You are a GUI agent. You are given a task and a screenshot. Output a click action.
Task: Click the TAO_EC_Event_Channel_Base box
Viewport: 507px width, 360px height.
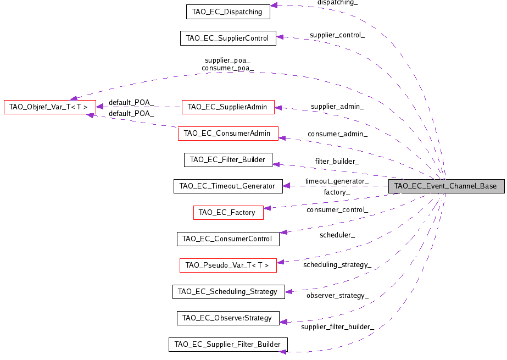[x=445, y=186]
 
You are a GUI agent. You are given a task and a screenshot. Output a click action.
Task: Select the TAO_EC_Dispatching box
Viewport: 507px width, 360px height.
[x=227, y=12]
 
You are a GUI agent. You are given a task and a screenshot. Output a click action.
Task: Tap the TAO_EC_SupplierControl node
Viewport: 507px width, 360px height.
[x=227, y=38]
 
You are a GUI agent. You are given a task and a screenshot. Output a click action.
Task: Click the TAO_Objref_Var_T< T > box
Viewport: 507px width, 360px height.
[x=50, y=107]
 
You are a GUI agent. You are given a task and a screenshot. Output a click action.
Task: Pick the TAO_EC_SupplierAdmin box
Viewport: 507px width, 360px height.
[x=227, y=107]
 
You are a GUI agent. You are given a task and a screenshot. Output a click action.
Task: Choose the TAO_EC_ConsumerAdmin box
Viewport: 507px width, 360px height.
[x=227, y=133]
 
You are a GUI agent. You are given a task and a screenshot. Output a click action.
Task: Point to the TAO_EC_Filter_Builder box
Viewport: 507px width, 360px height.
[x=227, y=160]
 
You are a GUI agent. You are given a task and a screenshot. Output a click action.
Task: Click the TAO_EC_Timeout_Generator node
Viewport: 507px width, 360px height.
[x=227, y=186]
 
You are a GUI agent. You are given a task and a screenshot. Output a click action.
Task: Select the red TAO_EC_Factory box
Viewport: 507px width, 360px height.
[x=227, y=212]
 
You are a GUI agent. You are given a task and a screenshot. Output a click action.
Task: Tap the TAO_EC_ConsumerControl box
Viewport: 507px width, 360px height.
[x=227, y=239]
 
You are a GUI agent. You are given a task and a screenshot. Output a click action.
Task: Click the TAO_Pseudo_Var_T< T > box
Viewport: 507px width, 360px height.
[x=227, y=265]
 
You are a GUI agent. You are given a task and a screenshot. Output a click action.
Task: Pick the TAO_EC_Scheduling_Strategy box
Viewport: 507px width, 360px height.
[x=228, y=291]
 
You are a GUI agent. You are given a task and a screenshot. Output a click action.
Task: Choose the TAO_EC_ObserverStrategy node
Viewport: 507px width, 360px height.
[x=227, y=318]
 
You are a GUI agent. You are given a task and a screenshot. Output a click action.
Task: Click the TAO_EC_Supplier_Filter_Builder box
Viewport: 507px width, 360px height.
[x=227, y=345]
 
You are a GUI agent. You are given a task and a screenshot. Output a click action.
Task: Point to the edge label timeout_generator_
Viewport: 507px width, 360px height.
[x=337, y=181]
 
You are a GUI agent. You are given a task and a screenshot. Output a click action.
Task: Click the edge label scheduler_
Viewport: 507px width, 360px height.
[x=337, y=235]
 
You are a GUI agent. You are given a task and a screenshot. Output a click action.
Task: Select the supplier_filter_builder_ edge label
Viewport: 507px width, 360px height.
[x=337, y=327]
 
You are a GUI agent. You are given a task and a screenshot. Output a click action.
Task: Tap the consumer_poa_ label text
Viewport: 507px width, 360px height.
[x=227, y=69]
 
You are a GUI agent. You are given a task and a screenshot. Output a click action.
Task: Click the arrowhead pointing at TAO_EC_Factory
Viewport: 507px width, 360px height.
[x=268, y=208]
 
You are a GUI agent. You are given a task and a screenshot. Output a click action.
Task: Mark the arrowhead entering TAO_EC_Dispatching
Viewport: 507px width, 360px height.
[x=274, y=5]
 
